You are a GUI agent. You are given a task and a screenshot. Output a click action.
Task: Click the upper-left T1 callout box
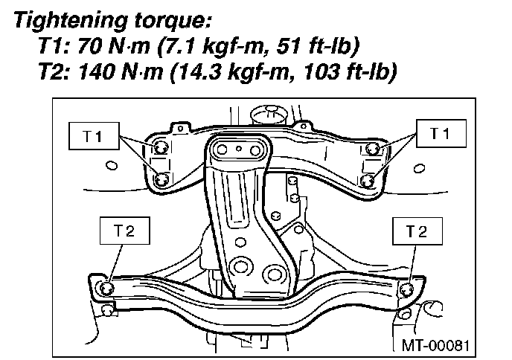click(94, 136)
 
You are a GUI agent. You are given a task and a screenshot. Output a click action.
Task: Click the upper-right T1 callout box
click(441, 133)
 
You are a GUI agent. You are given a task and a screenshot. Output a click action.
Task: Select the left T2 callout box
click(125, 231)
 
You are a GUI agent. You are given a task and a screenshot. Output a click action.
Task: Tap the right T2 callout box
click(417, 231)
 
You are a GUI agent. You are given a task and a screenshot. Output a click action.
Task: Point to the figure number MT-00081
click(435, 345)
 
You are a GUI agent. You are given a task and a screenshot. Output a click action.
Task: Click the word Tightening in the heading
click(71, 20)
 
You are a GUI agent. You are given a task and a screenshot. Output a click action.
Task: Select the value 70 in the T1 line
click(90, 45)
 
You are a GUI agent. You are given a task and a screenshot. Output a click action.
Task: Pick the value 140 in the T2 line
click(96, 71)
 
